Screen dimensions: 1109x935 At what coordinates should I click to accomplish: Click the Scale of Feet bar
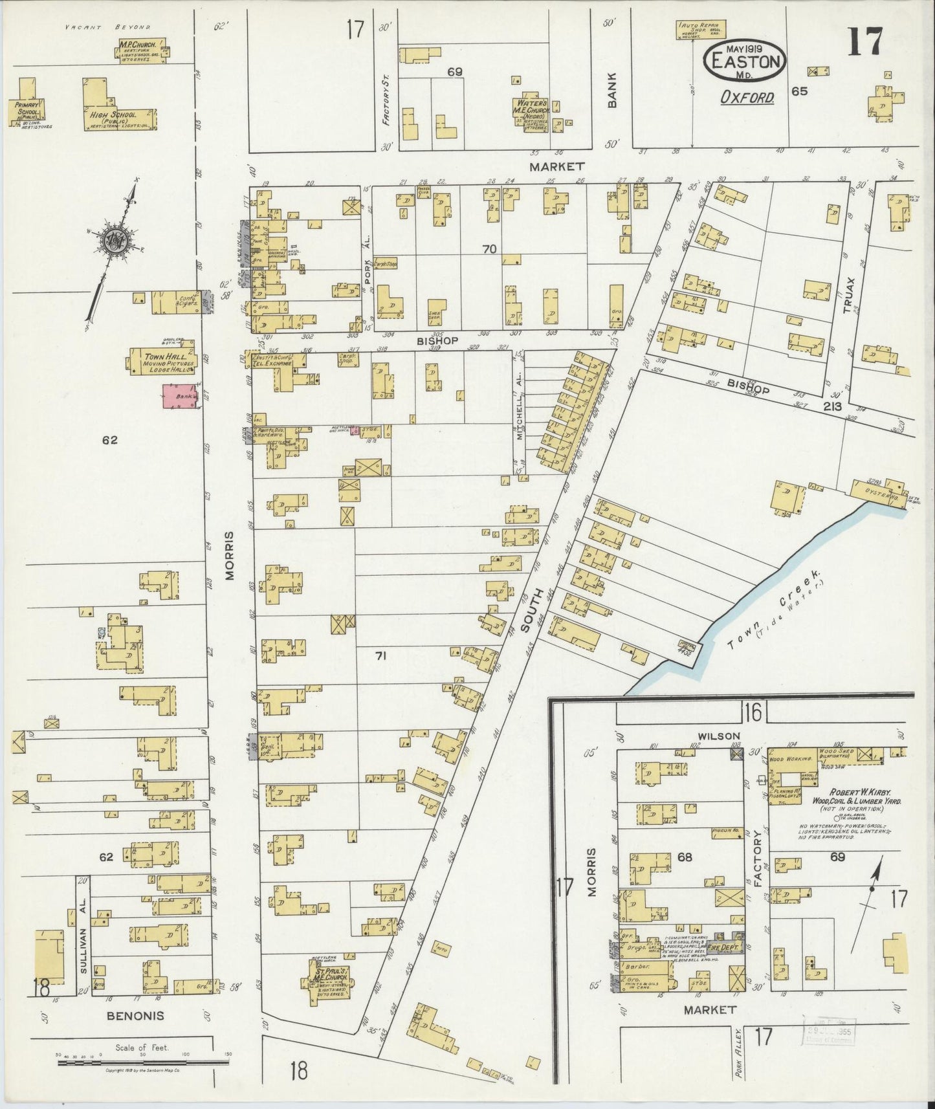point(142,1062)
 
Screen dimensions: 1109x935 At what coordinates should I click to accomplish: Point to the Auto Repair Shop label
point(701,28)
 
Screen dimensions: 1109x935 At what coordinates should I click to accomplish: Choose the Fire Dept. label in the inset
point(722,947)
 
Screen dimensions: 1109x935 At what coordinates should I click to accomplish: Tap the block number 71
point(380,656)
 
